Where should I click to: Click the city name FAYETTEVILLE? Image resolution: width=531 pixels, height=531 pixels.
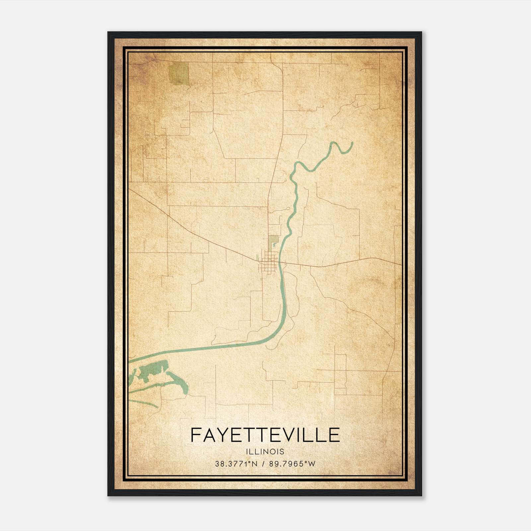(x=265, y=435)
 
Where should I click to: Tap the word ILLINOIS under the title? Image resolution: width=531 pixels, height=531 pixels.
(x=265, y=452)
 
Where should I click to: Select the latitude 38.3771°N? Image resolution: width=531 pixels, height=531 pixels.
(x=236, y=464)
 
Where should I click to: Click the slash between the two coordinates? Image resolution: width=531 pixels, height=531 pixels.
(x=263, y=464)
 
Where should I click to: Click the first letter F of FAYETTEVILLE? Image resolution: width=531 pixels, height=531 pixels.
(x=195, y=435)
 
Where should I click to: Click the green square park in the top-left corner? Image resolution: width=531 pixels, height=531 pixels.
(x=178, y=74)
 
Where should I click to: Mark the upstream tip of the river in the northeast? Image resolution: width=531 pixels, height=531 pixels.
(x=351, y=143)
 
